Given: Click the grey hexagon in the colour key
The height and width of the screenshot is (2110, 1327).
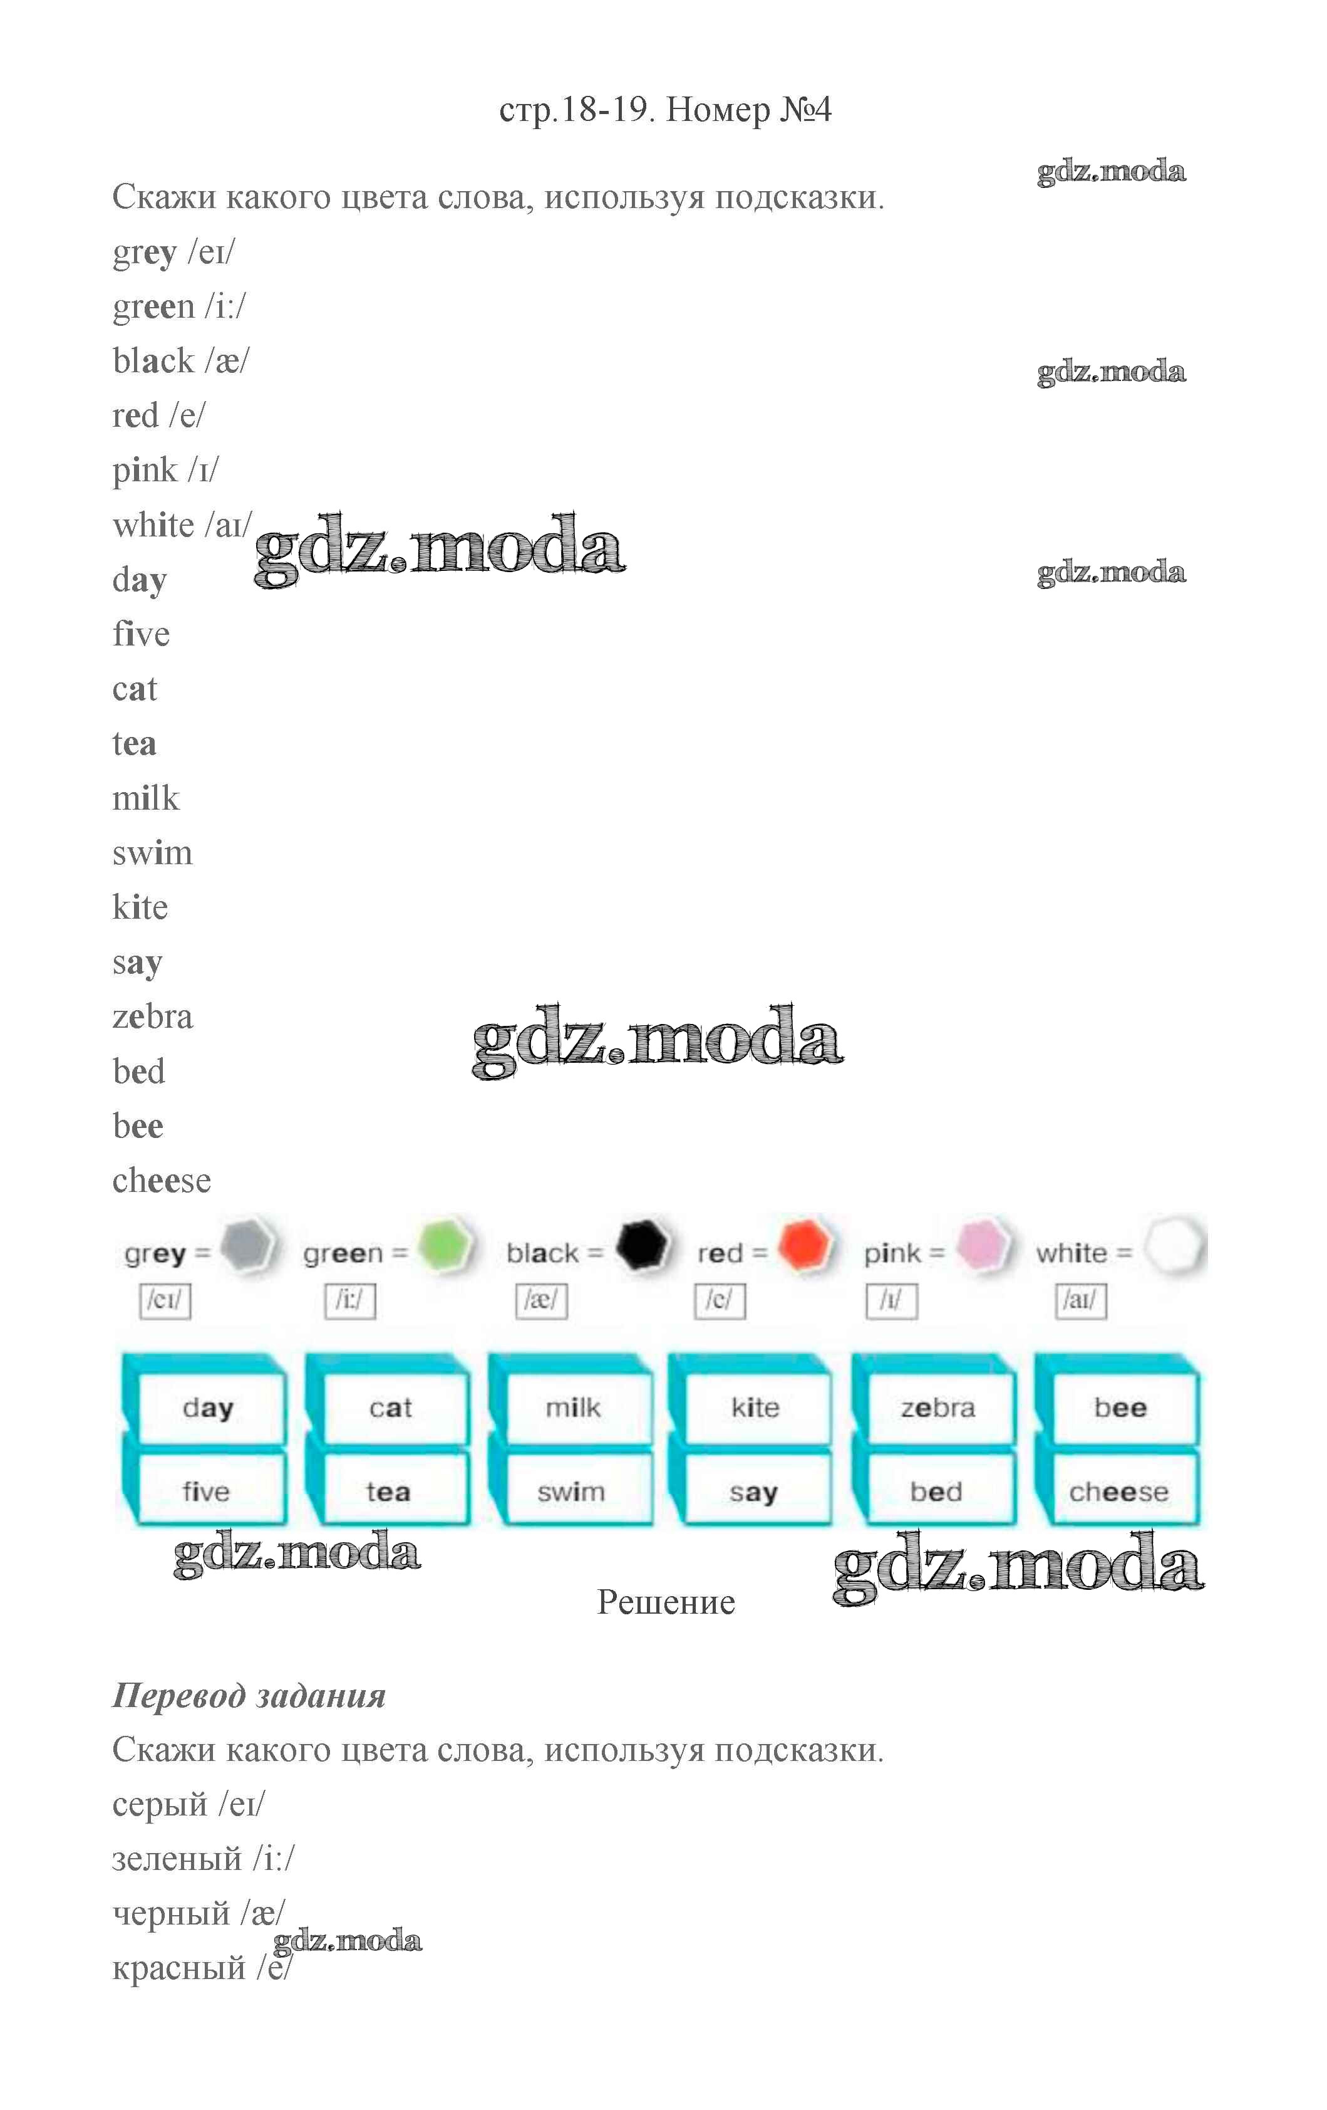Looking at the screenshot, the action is pos(248,1245).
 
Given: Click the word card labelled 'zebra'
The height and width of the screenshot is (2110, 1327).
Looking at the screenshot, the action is pos(938,1408).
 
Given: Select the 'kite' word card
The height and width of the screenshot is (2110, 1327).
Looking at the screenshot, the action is pos(755,1408).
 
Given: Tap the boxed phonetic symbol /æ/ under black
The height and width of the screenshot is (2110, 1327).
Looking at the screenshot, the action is pos(541,1300).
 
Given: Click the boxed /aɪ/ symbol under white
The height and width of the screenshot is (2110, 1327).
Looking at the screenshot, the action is pos(1081,1300).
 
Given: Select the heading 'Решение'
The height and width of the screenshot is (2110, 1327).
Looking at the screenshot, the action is pos(666,1602).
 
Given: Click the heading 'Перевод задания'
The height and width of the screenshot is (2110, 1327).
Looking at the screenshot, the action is pos(249,1696).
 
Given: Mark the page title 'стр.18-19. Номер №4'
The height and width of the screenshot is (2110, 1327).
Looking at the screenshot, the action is pos(666,110).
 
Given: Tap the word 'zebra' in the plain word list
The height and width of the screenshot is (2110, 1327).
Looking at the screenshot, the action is pos(152,1016).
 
